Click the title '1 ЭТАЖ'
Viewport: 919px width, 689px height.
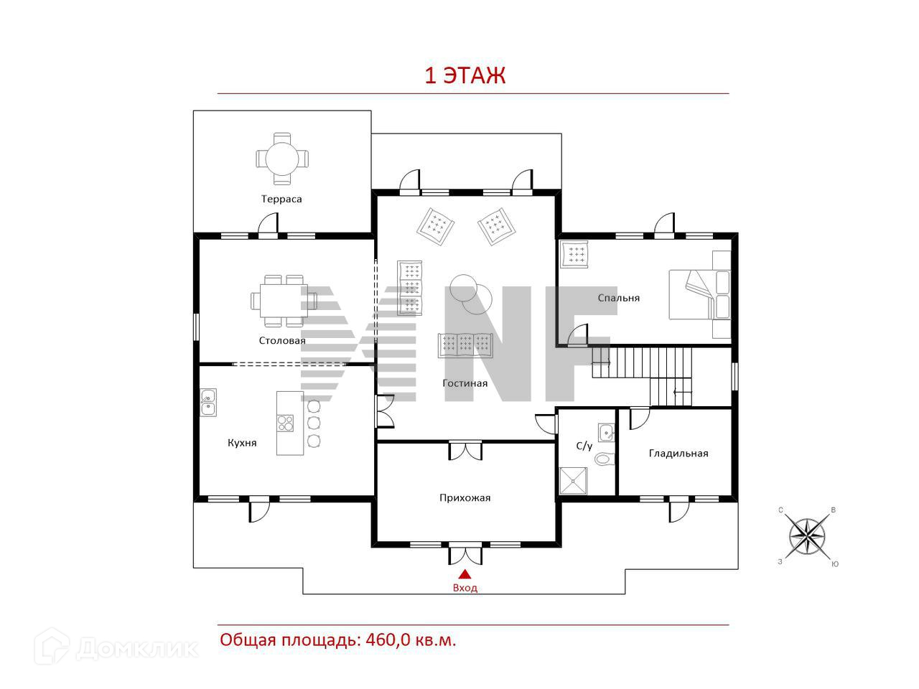tap(465, 75)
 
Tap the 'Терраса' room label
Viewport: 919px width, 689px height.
tap(281, 199)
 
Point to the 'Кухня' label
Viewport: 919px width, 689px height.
tap(242, 443)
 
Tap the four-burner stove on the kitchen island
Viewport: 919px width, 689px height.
tap(286, 422)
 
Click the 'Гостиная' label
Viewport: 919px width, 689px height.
tap(465, 383)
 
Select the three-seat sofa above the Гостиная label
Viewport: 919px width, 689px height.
tap(465, 345)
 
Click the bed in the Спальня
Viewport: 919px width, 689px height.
tap(699, 294)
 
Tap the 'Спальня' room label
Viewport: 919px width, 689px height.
tap(618, 297)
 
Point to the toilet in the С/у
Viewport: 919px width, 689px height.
tap(605, 459)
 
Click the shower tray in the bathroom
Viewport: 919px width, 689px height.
tap(574, 481)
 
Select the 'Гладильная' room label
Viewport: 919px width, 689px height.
tap(678, 453)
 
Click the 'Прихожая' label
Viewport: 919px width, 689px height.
tap(465, 497)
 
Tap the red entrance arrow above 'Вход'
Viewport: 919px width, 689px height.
tap(465, 573)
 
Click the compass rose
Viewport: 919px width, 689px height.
tap(807, 536)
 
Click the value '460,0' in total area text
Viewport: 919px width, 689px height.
tap(389, 639)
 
